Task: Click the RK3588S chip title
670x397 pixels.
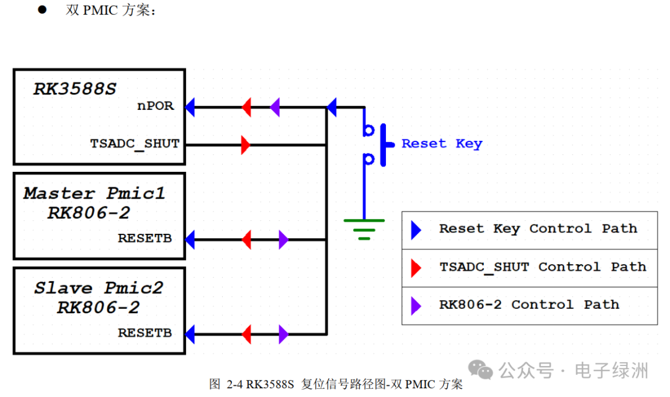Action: pyautogui.click(x=74, y=89)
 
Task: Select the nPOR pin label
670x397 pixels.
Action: pyautogui.click(x=156, y=107)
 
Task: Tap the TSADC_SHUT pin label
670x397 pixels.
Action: pyautogui.click(x=135, y=144)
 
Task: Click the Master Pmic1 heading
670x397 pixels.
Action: pyautogui.click(x=94, y=194)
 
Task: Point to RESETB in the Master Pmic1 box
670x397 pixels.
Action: pyautogui.click(x=145, y=238)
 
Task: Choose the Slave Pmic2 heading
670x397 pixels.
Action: pyautogui.click(x=98, y=288)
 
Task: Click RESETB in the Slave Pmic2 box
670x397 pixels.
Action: pyautogui.click(x=145, y=333)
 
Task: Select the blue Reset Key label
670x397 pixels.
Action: pyautogui.click(x=442, y=144)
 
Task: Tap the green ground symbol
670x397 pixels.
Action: pyautogui.click(x=364, y=228)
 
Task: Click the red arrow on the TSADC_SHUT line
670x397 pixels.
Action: pyautogui.click(x=246, y=145)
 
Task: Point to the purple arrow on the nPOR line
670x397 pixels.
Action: pyautogui.click(x=275, y=107)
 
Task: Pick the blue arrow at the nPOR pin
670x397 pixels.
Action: pyautogui.click(x=190, y=107)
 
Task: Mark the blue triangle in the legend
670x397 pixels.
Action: pyautogui.click(x=416, y=230)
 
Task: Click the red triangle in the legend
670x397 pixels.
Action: pyautogui.click(x=416, y=268)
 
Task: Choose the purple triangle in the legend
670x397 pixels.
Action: pyautogui.click(x=416, y=305)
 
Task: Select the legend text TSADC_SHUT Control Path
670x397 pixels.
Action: pyautogui.click(x=543, y=267)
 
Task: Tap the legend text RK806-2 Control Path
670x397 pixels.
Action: pyautogui.click(x=529, y=305)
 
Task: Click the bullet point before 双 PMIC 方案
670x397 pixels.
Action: pyautogui.click(x=42, y=9)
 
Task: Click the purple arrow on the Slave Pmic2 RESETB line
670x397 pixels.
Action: pyautogui.click(x=284, y=334)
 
